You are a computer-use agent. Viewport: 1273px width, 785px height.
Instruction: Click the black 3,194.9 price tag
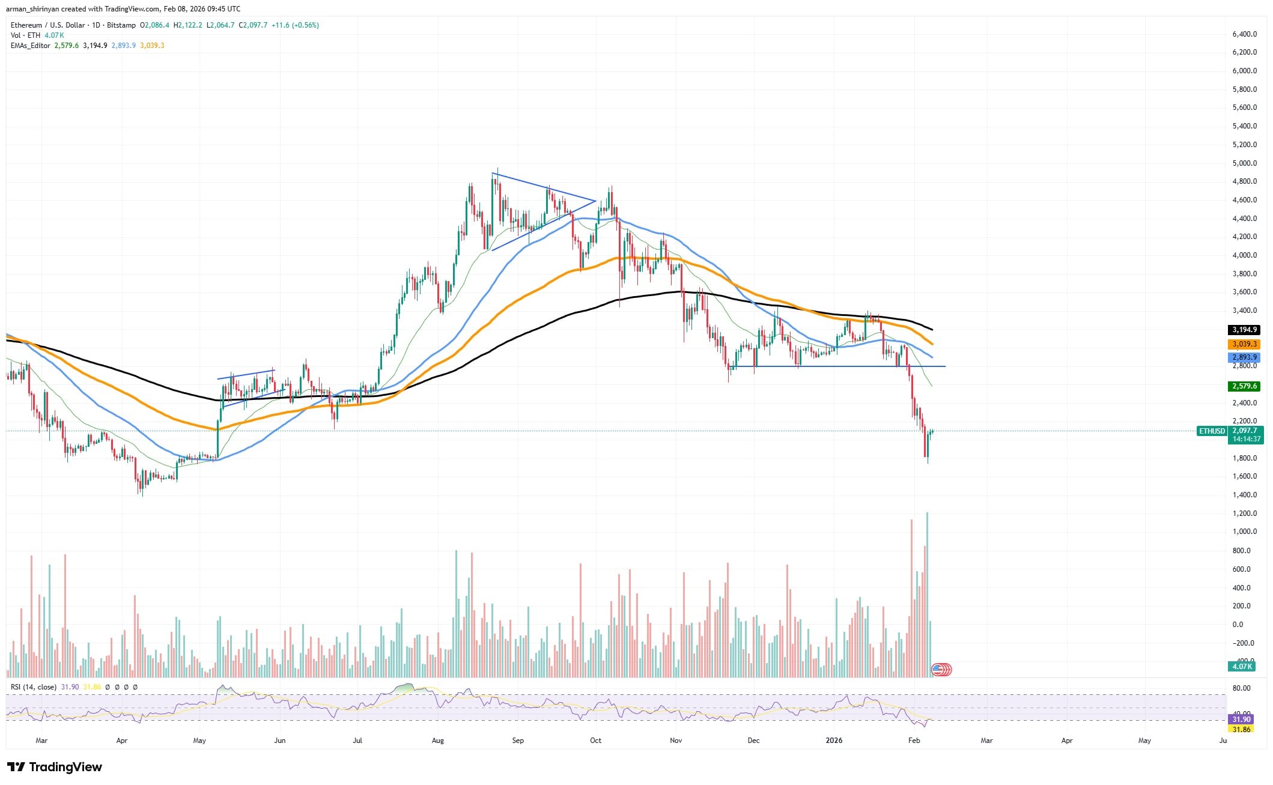(x=1244, y=330)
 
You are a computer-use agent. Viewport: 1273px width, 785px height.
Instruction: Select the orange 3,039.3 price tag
(x=1244, y=344)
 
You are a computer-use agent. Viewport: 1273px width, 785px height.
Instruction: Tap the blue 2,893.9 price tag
(x=1244, y=357)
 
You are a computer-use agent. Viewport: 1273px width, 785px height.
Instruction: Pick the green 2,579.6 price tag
(x=1244, y=386)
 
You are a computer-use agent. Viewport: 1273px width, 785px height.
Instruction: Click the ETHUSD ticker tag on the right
(x=1212, y=431)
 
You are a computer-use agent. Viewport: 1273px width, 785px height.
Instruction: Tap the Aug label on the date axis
(x=438, y=741)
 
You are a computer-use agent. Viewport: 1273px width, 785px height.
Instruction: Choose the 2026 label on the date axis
(x=834, y=741)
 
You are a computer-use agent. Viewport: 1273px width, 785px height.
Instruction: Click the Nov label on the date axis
(x=676, y=741)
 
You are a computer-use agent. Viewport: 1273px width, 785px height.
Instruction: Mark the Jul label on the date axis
(x=357, y=741)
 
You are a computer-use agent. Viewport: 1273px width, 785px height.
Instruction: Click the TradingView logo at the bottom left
(x=55, y=767)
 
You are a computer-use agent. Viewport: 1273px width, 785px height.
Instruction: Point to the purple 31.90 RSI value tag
(x=1241, y=720)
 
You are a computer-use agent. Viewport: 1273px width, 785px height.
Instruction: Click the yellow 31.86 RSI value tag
(x=1241, y=729)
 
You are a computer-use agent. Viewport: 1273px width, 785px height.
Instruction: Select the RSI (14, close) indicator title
(x=34, y=687)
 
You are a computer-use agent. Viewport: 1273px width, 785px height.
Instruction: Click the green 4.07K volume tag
(x=1241, y=667)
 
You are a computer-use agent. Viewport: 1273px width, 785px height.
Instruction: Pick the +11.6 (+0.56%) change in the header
(x=295, y=25)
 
